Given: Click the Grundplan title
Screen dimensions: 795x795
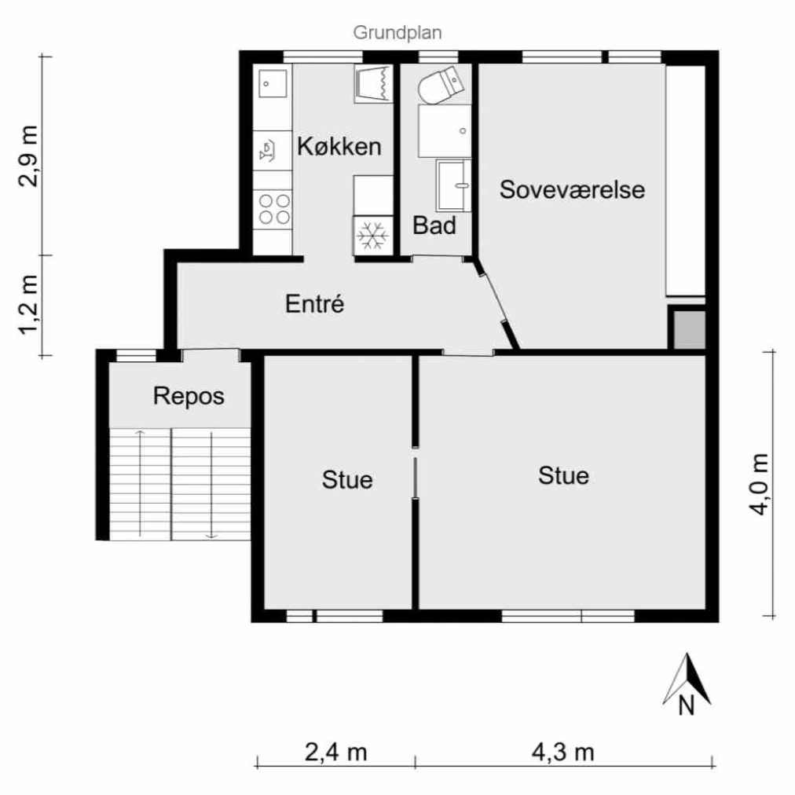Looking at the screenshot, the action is tap(397, 33).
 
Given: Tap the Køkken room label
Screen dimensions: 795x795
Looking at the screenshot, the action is tap(339, 147).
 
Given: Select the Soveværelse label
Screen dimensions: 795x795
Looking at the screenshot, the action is tap(572, 189).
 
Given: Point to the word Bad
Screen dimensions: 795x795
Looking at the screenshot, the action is tap(434, 225).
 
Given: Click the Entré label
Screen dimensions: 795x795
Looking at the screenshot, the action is tap(314, 304).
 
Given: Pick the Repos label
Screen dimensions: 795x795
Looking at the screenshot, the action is tap(189, 397).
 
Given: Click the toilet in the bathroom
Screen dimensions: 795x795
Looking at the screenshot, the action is tap(441, 84).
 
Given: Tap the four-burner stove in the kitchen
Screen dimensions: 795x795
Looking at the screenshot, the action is tap(273, 210).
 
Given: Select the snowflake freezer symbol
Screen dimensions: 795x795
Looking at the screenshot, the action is tap(372, 235).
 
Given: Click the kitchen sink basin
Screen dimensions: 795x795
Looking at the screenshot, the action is tap(273, 83).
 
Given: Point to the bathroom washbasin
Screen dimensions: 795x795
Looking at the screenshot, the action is tap(452, 185).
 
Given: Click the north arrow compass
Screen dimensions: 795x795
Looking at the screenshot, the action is tap(687, 684).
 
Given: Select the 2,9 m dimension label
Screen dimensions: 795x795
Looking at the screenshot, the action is tap(27, 156).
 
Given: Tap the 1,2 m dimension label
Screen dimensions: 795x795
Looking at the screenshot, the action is tap(27, 306).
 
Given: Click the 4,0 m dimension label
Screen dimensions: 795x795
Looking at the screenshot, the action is tap(759, 484).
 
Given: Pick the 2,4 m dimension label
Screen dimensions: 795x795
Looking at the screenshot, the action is tap(335, 752).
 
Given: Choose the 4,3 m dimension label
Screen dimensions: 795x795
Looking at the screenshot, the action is tap(562, 752).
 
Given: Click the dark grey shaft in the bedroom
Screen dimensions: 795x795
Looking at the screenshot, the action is tap(689, 330).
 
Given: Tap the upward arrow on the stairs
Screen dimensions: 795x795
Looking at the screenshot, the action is tap(141, 485).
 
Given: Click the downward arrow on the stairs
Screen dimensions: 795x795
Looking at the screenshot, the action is tap(211, 485).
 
